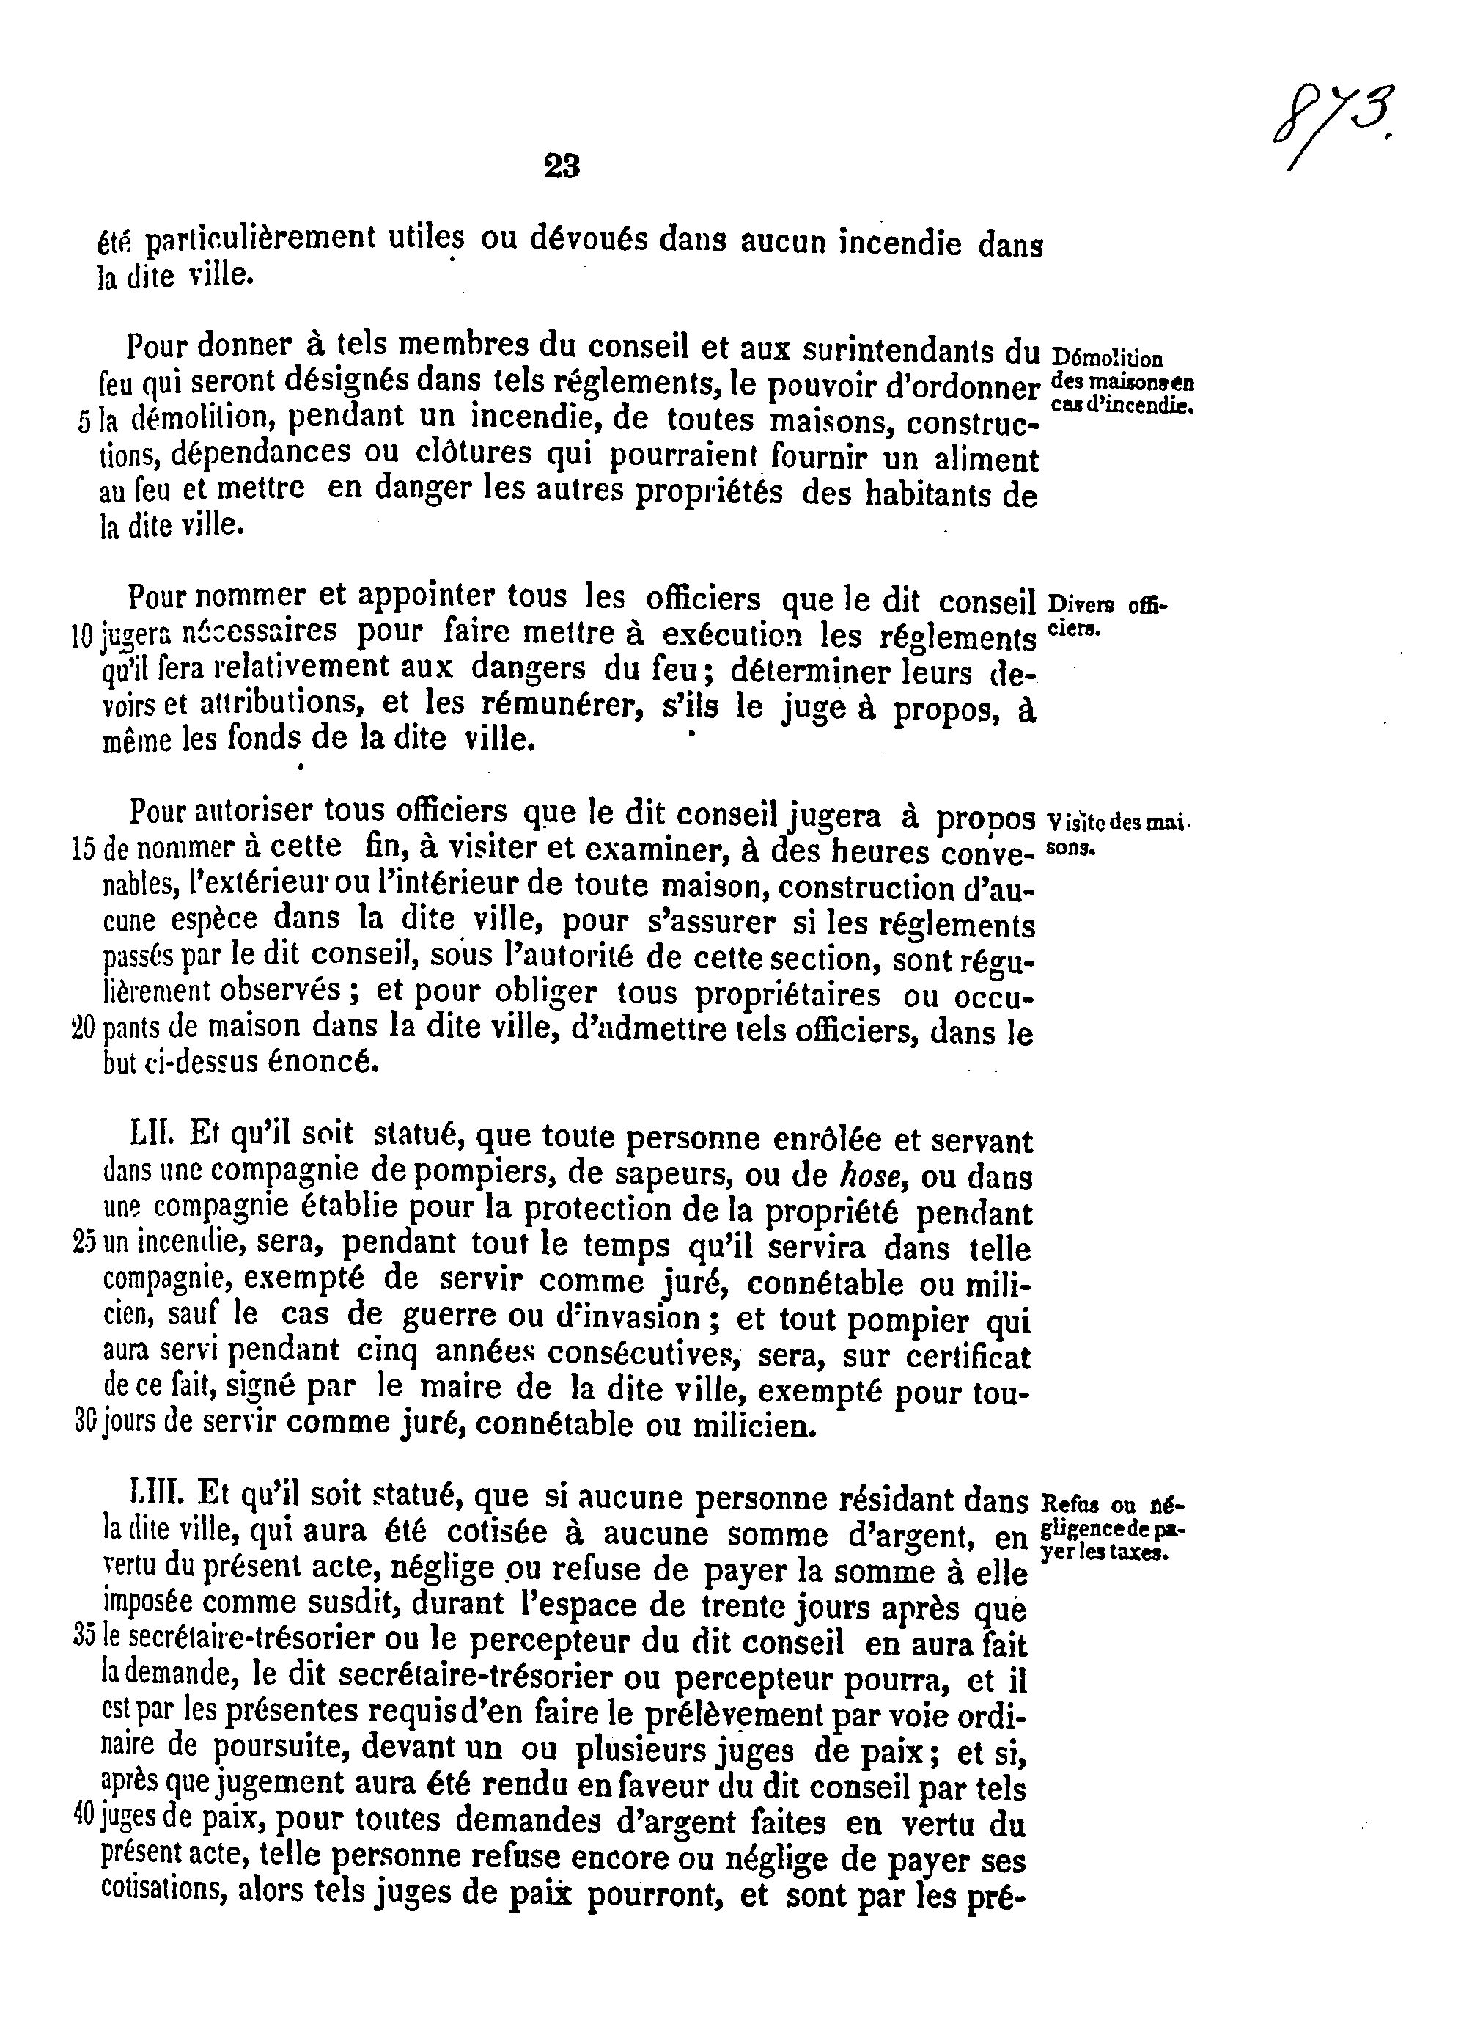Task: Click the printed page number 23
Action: coord(562,166)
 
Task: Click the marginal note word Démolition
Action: coord(1105,358)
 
